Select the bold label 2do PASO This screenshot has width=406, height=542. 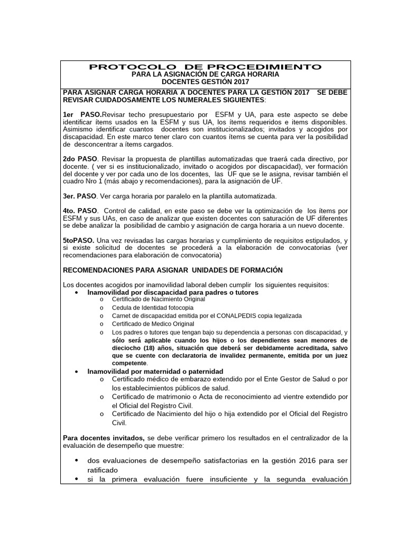coord(80,159)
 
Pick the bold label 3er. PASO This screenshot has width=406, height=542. coord(80,196)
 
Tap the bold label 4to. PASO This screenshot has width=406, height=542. coord(80,211)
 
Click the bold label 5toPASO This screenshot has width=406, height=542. coord(78,240)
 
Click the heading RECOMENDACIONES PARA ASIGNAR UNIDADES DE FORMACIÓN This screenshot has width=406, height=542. coord(173,270)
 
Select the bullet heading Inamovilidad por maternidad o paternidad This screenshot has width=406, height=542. coord(155,371)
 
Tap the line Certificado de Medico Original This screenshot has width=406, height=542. coord(153,323)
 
